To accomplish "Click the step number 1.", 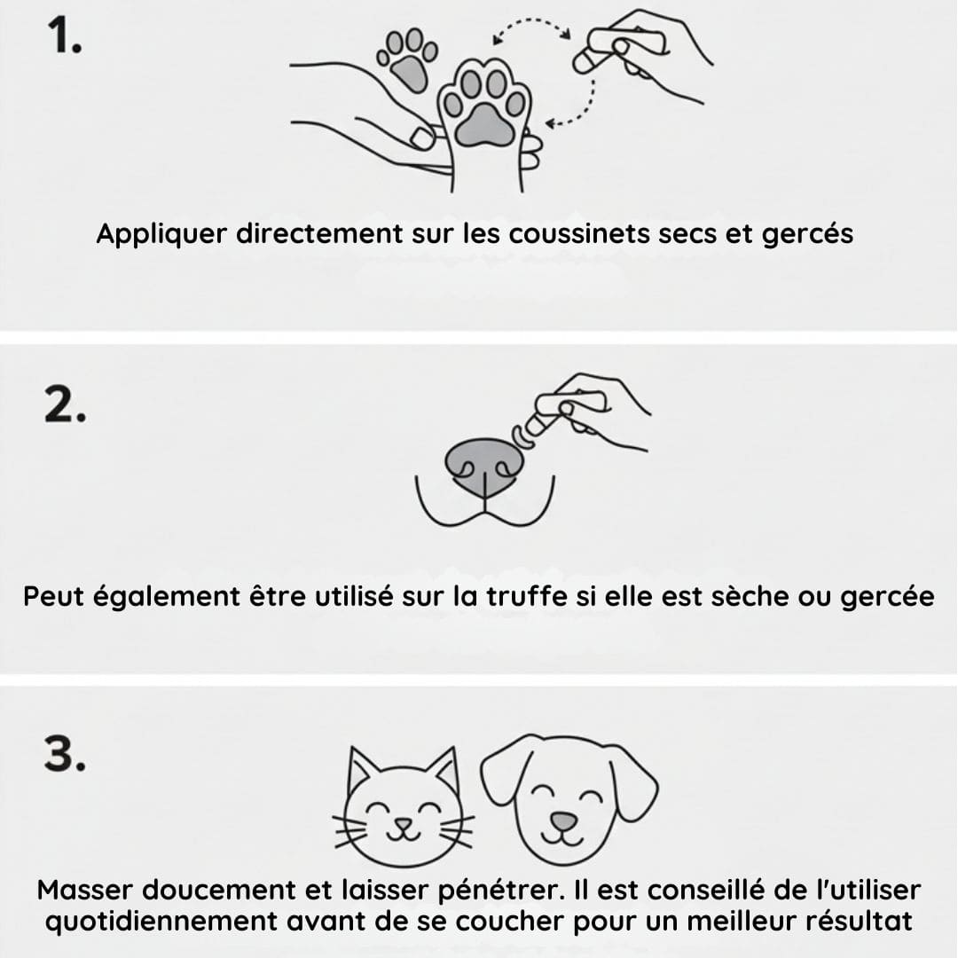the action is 64,35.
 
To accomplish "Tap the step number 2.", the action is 66,405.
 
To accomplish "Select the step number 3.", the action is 65,753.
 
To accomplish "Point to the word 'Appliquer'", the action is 161,234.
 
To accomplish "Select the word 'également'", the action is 166,597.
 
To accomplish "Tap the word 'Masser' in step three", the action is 85,890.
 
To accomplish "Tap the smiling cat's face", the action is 404,806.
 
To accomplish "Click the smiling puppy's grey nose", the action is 564,821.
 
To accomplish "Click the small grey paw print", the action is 407,59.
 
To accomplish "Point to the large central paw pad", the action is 485,125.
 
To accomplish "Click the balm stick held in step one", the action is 617,52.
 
